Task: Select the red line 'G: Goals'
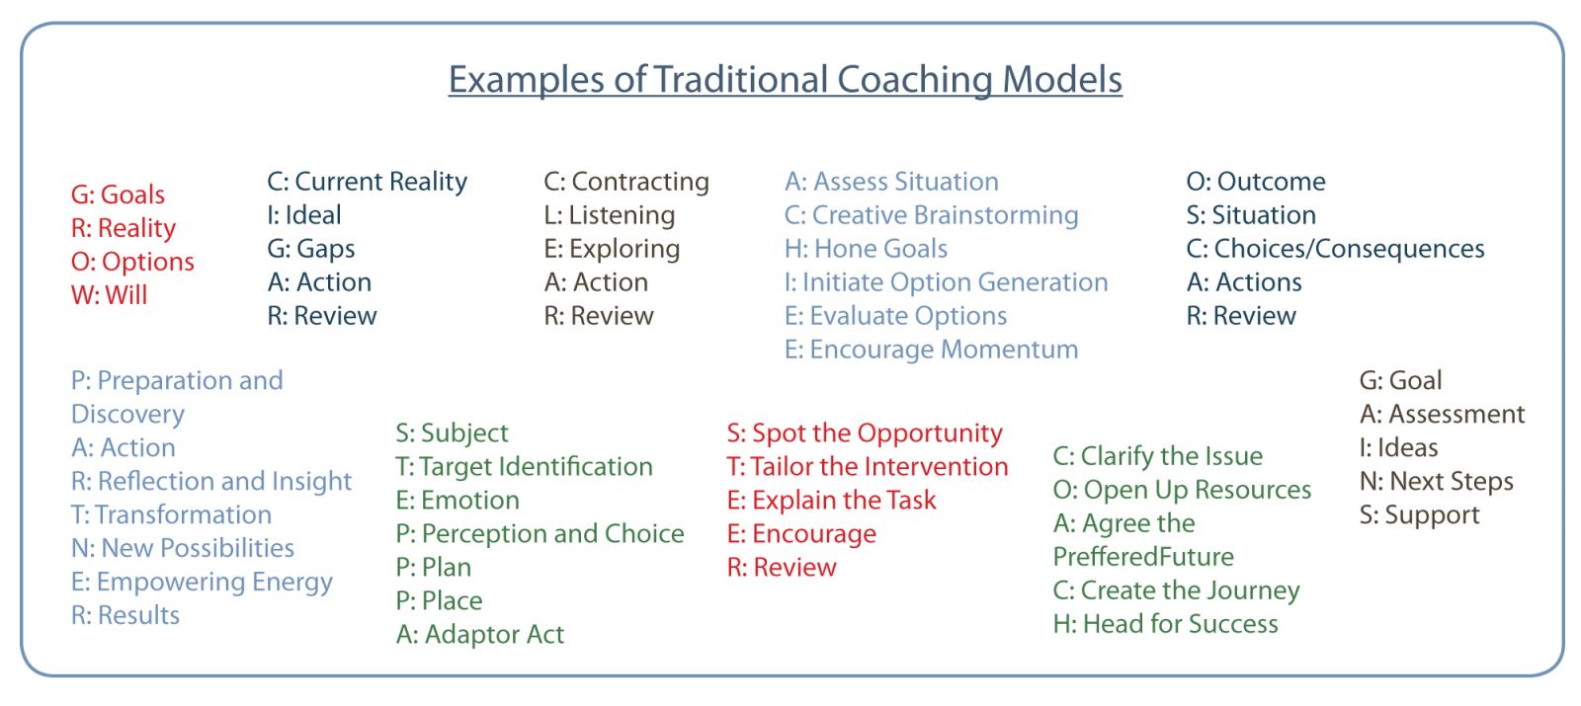point(118,195)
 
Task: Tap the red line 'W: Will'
point(110,295)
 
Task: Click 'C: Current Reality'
point(367,182)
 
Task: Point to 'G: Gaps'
point(310,249)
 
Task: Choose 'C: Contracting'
point(626,182)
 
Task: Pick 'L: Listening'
point(609,215)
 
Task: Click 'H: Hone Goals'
point(866,249)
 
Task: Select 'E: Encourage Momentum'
point(932,350)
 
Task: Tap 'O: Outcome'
point(1256,182)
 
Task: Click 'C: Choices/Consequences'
point(1335,249)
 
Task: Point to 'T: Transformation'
point(172,514)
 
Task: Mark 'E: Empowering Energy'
point(202,583)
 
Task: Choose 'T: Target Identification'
point(525,467)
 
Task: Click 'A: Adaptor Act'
point(480,635)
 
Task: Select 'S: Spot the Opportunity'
point(865,433)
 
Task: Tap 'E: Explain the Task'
point(831,501)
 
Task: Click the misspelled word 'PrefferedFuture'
point(1143,557)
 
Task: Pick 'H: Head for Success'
point(1165,624)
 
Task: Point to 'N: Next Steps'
point(1437,482)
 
